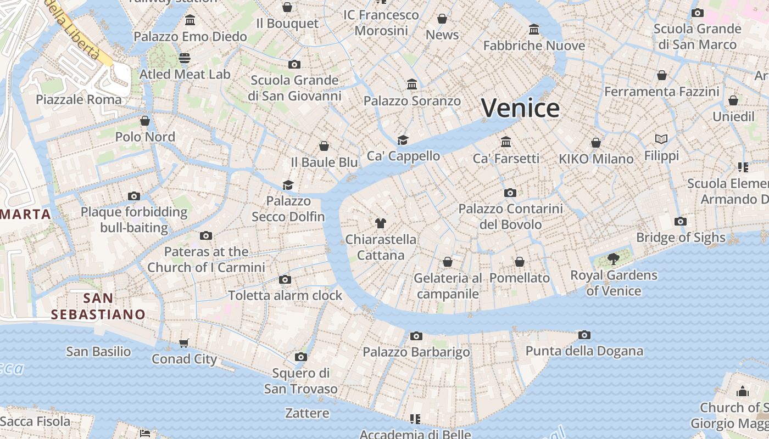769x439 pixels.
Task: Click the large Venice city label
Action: point(520,108)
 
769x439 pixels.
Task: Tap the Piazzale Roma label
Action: point(79,99)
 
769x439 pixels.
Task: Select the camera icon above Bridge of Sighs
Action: point(681,222)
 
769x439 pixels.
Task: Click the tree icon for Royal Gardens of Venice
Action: point(614,259)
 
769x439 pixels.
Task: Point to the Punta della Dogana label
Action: point(584,351)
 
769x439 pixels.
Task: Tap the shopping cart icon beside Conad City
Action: point(184,344)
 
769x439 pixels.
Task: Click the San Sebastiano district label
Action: point(98,306)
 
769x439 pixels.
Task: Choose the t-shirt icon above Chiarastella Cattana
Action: point(381,223)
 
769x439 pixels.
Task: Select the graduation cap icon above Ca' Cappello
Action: point(403,140)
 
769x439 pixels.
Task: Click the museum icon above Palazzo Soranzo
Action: point(412,85)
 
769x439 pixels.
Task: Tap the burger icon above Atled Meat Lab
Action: point(185,58)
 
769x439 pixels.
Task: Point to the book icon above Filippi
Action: point(661,139)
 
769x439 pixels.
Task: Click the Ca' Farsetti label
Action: point(506,159)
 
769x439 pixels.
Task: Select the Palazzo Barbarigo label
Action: point(416,352)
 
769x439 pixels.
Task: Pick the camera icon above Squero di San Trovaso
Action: point(300,357)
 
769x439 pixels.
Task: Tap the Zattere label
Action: point(307,413)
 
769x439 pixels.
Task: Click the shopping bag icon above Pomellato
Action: point(520,262)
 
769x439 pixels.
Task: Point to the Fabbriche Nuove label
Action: point(534,46)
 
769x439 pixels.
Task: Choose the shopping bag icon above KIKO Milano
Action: point(596,143)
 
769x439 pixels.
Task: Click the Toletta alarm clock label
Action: point(285,295)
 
